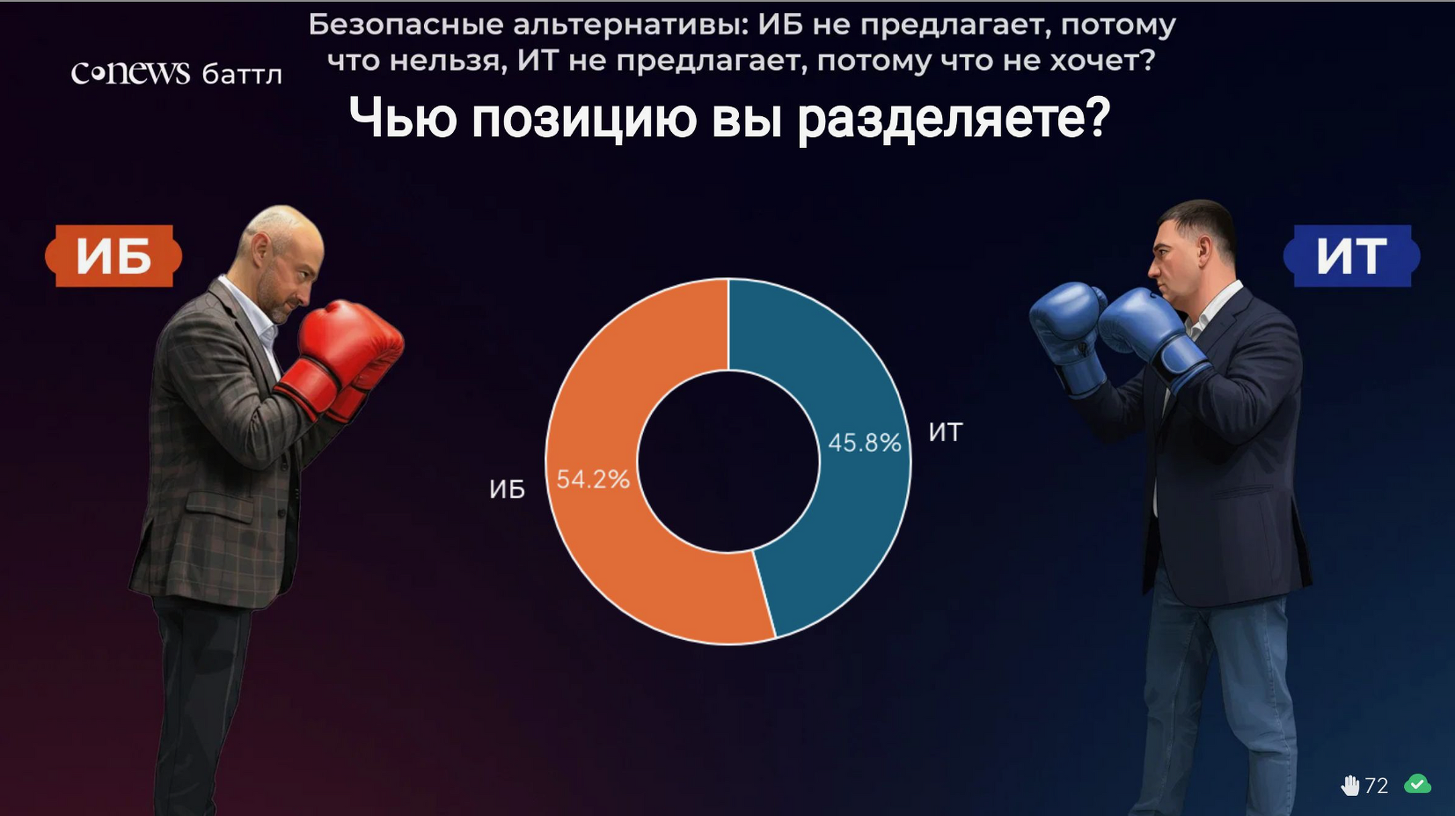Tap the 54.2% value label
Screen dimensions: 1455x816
[593, 479]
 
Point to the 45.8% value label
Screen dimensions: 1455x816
[865, 443]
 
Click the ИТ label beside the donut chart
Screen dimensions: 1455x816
[946, 432]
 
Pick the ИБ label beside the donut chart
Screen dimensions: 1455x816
[508, 489]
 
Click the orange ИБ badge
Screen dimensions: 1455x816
[113, 256]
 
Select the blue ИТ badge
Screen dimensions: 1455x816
[1352, 256]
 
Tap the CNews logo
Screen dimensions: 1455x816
[130, 72]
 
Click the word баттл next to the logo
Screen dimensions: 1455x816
[242, 75]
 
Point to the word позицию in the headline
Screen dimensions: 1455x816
[584, 118]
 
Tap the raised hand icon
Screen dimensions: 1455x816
[1349, 785]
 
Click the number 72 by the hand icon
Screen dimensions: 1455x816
[1377, 786]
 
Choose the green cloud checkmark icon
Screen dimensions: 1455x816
[1417, 784]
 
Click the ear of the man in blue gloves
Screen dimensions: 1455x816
[1203, 248]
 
